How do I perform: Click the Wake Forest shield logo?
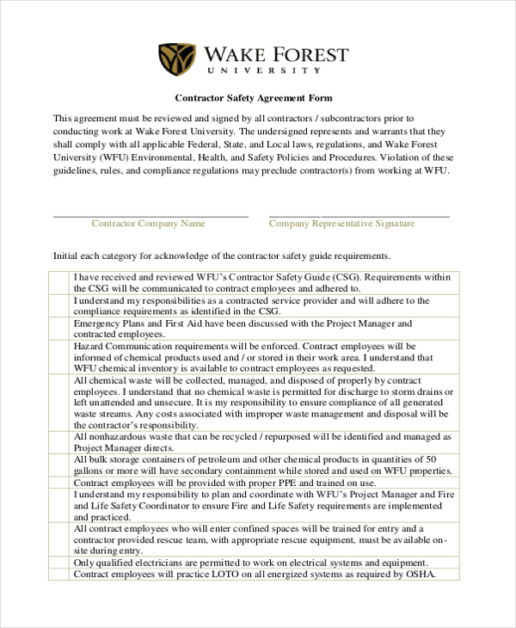click(x=177, y=59)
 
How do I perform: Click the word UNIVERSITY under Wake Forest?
click(x=276, y=71)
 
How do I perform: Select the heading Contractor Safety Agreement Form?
click(x=254, y=98)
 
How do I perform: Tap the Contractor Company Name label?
click(x=148, y=224)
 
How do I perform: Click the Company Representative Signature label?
click(x=341, y=224)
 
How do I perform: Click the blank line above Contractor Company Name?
click(x=150, y=216)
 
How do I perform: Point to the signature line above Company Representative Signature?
click(x=359, y=216)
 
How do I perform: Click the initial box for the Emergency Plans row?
click(x=60, y=329)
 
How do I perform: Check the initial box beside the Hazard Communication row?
click(x=60, y=357)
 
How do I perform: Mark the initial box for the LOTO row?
click(x=60, y=575)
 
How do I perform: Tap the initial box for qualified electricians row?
click(x=60, y=563)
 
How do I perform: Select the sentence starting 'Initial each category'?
click(x=222, y=256)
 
